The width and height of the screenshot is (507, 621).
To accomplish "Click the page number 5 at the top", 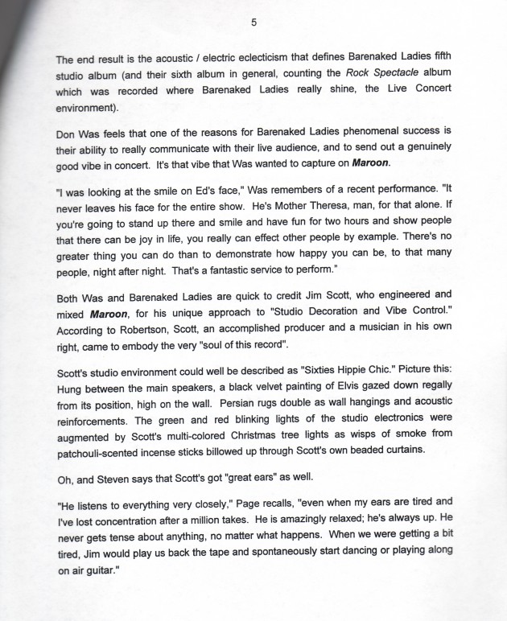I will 253,22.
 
